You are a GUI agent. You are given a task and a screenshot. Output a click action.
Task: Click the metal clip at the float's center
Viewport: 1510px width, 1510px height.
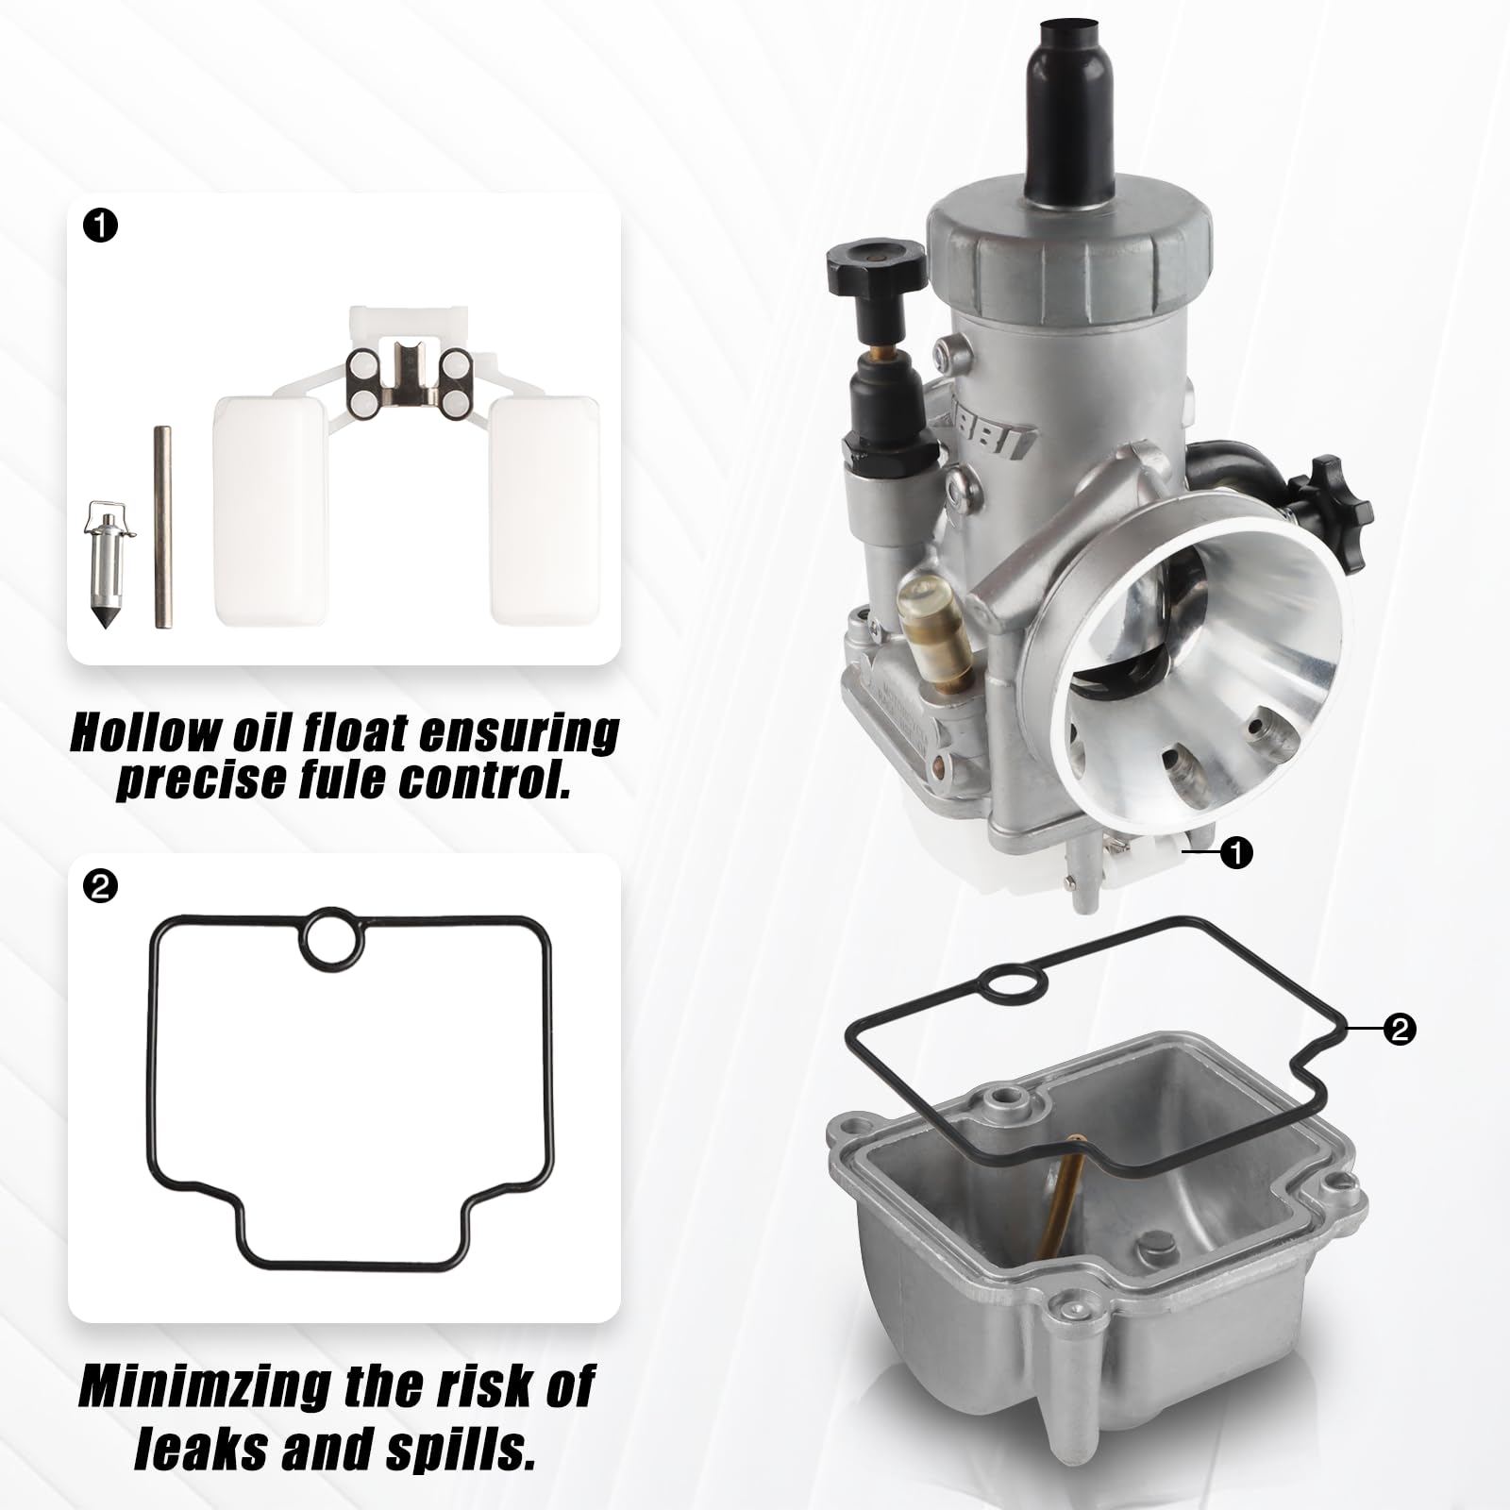coord(408,377)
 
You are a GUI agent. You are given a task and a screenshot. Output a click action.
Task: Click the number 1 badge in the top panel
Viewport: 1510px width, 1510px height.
coord(101,226)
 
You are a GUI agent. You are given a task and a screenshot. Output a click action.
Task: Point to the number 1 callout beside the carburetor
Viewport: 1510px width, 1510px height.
coord(1236,853)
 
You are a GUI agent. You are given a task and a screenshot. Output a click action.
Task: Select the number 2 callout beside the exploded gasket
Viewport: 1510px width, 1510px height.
coord(1399,1028)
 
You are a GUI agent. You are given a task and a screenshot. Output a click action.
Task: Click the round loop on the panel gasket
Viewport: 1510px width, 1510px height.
coord(337,935)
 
